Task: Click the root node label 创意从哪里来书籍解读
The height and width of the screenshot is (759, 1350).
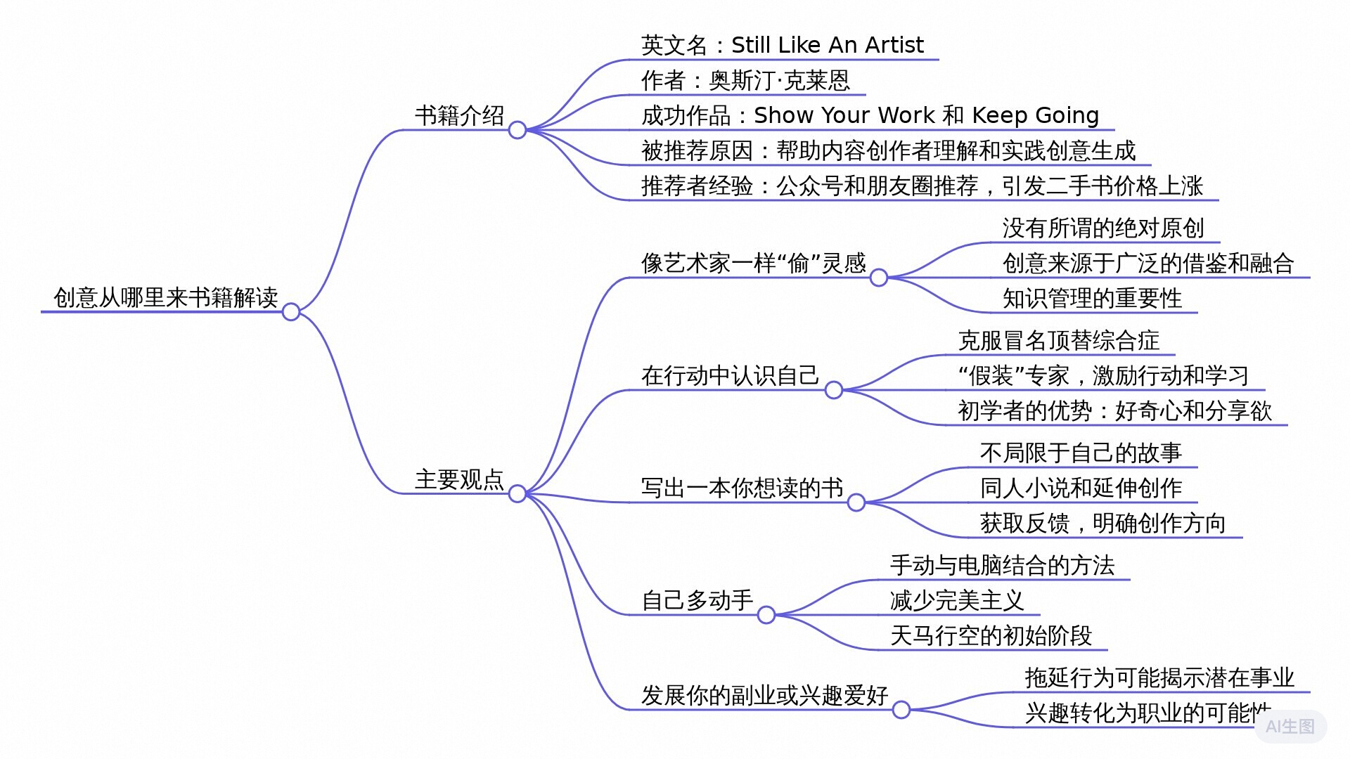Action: [x=166, y=298]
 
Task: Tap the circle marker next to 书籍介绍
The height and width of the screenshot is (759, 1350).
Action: [x=517, y=130]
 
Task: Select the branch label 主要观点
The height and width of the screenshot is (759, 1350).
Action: [x=459, y=480]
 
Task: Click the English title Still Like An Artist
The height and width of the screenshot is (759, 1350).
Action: [x=827, y=45]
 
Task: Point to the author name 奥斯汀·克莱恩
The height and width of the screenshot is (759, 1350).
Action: [x=780, y=81]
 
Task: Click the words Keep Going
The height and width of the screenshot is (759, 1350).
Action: [x=1035, y=115]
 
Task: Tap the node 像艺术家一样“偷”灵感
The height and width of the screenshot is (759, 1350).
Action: [x=753, y=264]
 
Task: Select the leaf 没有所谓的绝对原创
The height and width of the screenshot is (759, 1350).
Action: [x=1103, y=228]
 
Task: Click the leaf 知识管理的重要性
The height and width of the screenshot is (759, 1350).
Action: [x=1092, y=299]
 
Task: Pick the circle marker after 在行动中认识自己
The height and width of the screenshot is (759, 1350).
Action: [x=834, y=390]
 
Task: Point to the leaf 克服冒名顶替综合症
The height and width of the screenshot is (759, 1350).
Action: [x=1059, y=341]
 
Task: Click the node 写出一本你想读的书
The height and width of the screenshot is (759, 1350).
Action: [x=742, y=488]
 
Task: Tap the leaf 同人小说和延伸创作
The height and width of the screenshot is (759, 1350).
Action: [x=1081, y=488]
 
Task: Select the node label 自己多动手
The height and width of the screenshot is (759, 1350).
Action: [x=697, y=600]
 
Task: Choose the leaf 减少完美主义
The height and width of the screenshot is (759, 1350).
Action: [x=957, y=601]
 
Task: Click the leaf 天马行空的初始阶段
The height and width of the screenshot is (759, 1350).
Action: [x=991, y=636]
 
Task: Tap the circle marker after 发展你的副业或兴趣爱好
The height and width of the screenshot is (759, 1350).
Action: [x=901, y=710]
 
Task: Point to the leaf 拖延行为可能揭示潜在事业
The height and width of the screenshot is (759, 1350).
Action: [x=1159, y=677]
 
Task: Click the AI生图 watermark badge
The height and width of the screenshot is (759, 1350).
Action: [x=1290, y=727]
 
